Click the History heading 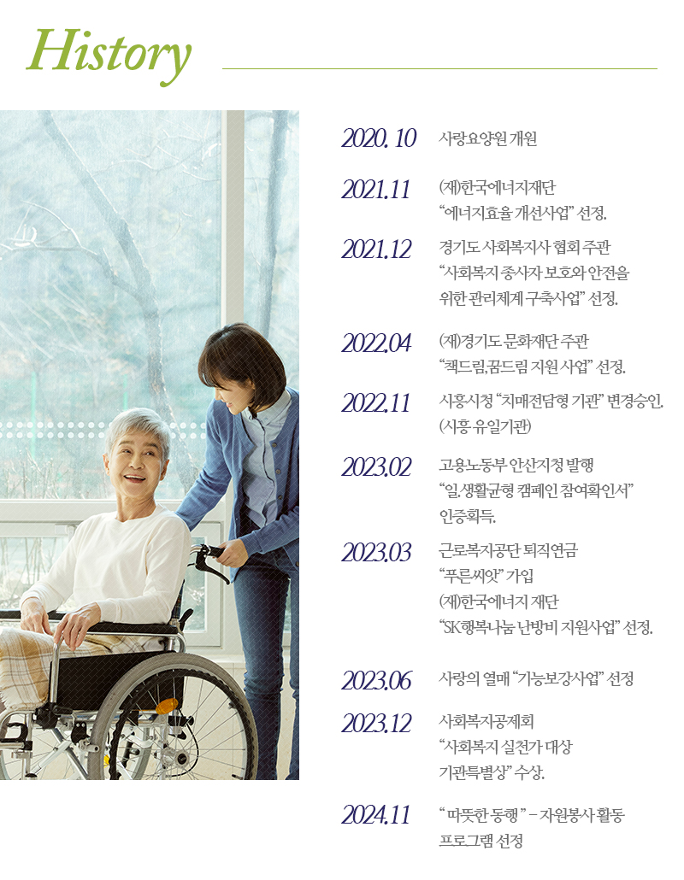coord(109,53)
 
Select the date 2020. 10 coord(379,138)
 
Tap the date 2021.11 coord(376,189)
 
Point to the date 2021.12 coord(376,249)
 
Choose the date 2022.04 coord(376,343)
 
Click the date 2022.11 coord(376,402)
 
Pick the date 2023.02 coord(376,466)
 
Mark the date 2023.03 coord(376,552)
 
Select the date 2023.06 coord(376,680)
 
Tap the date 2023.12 coord(376,723)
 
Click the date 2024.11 coord(376,815)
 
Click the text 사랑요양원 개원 coord(487,138)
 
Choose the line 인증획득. coord(467,516)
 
